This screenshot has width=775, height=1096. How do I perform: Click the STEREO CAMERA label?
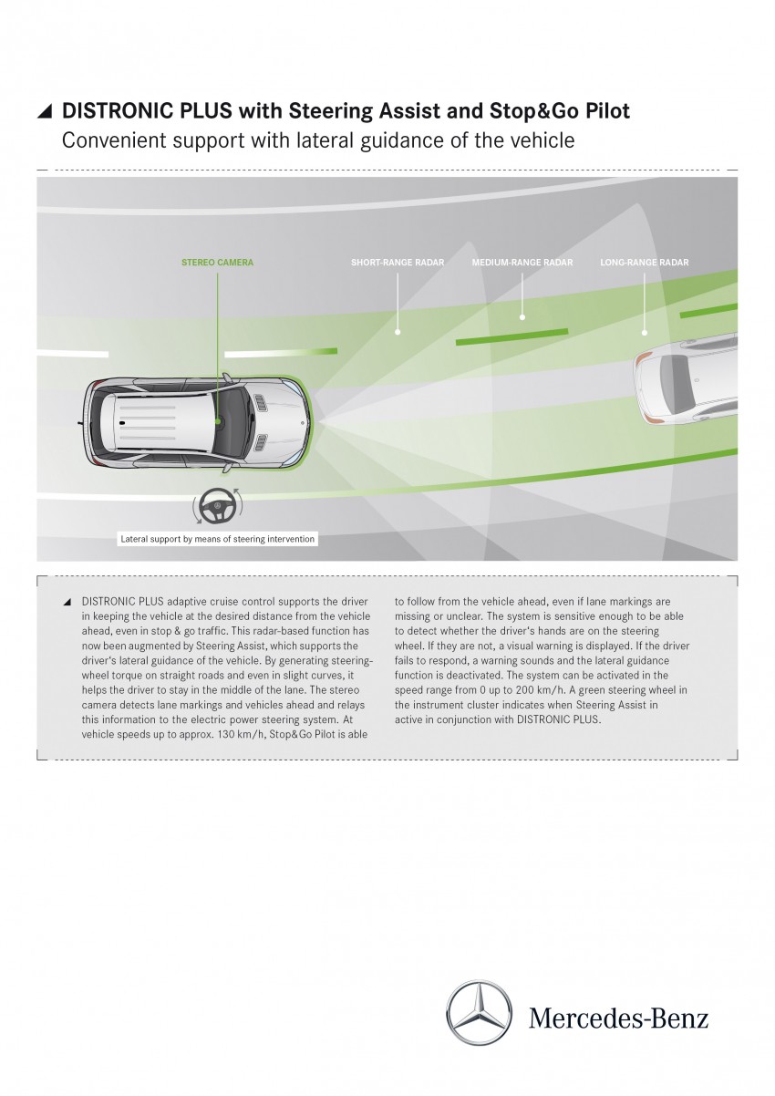217,263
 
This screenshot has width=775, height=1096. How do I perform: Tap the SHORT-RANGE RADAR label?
398,263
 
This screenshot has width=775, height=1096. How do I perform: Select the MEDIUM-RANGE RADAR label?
522,263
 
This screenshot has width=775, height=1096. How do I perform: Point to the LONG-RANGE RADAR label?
645,263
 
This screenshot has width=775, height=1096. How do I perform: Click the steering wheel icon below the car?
217,505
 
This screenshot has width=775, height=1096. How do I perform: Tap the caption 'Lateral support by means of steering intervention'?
217,539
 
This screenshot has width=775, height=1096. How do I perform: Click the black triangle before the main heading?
45,112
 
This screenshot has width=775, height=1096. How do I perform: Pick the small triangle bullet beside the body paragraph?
67,603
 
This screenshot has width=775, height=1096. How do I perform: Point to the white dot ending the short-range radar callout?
398,332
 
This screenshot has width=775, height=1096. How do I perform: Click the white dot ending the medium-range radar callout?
522,317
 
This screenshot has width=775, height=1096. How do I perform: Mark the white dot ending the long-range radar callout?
645,333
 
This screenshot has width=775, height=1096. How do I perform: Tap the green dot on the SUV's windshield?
218,419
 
